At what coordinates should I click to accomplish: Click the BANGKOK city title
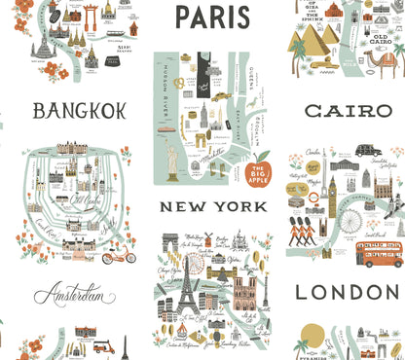click(79, 111)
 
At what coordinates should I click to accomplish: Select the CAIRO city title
click(349, 112)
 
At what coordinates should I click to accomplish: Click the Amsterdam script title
click(81, 294)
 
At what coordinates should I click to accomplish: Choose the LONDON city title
click(347, 292)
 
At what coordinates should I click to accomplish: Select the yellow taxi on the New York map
click(221, 96)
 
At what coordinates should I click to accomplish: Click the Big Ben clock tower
click(331, 195)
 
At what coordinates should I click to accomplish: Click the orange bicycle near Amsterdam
click(118, 256)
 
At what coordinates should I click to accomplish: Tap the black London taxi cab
click(368, 151)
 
